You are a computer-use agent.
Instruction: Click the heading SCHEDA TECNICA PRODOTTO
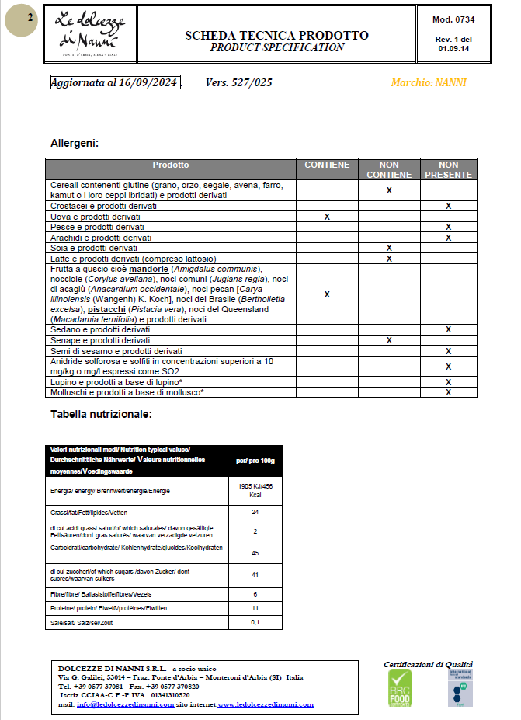[276, 36]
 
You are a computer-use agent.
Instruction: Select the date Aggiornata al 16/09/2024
[115, 83]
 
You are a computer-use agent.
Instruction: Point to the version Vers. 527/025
[238, 83]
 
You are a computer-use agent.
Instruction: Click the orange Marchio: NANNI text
[429, 83]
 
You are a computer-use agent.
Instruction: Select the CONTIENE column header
[327, 165]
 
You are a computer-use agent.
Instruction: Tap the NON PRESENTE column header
[449, 170]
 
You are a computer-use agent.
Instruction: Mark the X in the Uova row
[327, 217]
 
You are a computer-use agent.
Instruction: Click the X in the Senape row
[389, 340]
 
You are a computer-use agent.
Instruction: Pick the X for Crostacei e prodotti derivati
[448, 207]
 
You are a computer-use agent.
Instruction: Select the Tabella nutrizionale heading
[101, 414]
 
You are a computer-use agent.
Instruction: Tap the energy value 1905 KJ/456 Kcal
[255, 490]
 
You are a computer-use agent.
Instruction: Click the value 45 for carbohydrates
[255, 553]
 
